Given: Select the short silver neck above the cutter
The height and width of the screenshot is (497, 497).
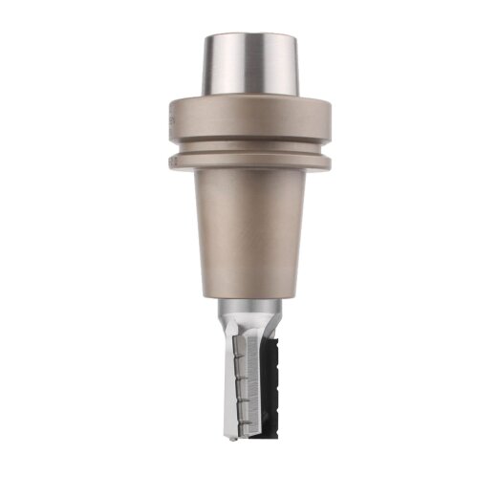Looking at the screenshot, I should tap(250, 312).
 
